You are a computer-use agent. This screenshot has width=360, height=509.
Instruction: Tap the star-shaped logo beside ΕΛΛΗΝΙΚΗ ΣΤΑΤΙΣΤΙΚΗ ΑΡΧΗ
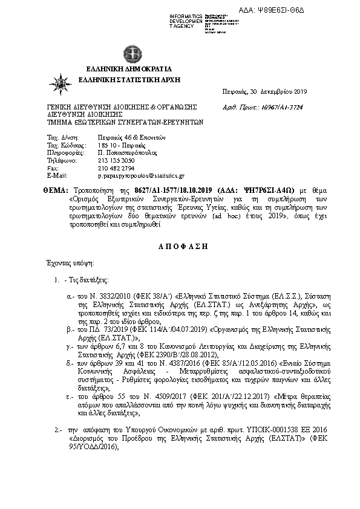click(62, 81)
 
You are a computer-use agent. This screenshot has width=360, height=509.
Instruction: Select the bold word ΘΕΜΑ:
click(54, 190)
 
